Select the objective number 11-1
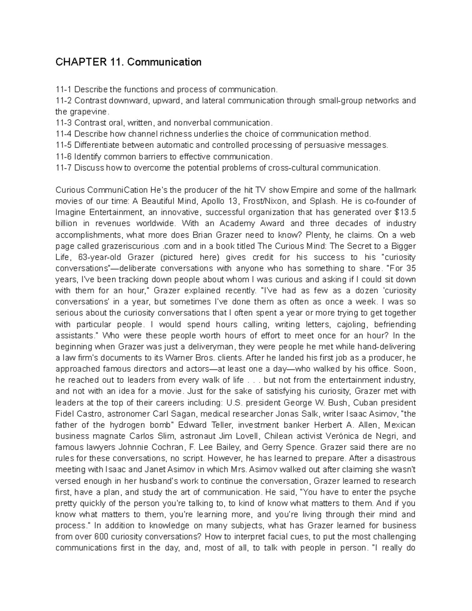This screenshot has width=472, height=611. (x=63, y=90)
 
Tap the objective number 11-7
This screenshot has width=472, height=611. (x=63, y=168)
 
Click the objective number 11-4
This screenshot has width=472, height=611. (x=63, y=134)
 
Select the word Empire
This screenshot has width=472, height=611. (x=304, y=190)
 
